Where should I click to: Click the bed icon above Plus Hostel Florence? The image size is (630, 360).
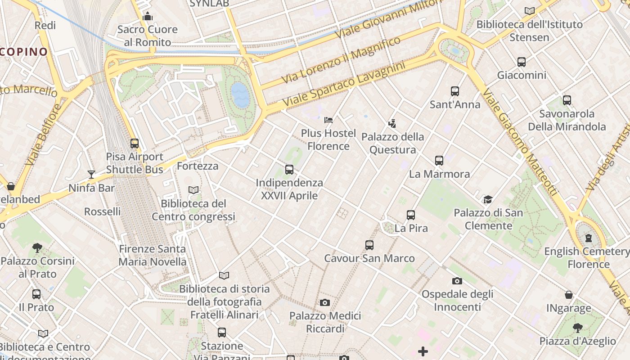(x=328, y=120)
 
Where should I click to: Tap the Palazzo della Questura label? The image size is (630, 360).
(x=392, y=143)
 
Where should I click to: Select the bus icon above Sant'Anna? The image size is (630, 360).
(x=455, y=91)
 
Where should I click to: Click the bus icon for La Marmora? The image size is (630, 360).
(x=439, y=160)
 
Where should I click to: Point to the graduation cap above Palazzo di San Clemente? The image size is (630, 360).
(x=488, y=199)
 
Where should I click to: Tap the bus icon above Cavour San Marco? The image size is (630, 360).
(x=369, y=245)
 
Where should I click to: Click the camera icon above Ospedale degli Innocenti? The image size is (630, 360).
(x=457, y=281)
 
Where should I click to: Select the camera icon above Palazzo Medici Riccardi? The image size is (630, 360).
(x=325, y=302)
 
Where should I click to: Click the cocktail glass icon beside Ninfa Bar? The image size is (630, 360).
(x=91, y=174)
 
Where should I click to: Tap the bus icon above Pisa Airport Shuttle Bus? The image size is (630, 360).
(x=135, y=144)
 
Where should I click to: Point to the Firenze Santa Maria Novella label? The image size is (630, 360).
(x=152, y=255)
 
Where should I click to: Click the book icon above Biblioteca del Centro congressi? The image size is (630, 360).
(x=193, y=190)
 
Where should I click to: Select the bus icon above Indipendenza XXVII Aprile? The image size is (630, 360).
(x=289, y=170)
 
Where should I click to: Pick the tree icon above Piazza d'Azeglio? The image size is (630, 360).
(x=577, y=328)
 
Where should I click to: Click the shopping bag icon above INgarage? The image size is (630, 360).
(x=569, y=295)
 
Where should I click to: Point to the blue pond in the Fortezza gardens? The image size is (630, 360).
(x=240, y=94)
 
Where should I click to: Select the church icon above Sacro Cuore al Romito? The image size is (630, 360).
(x=148, y=17)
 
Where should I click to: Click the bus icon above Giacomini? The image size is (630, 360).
(x=522, y=62)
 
